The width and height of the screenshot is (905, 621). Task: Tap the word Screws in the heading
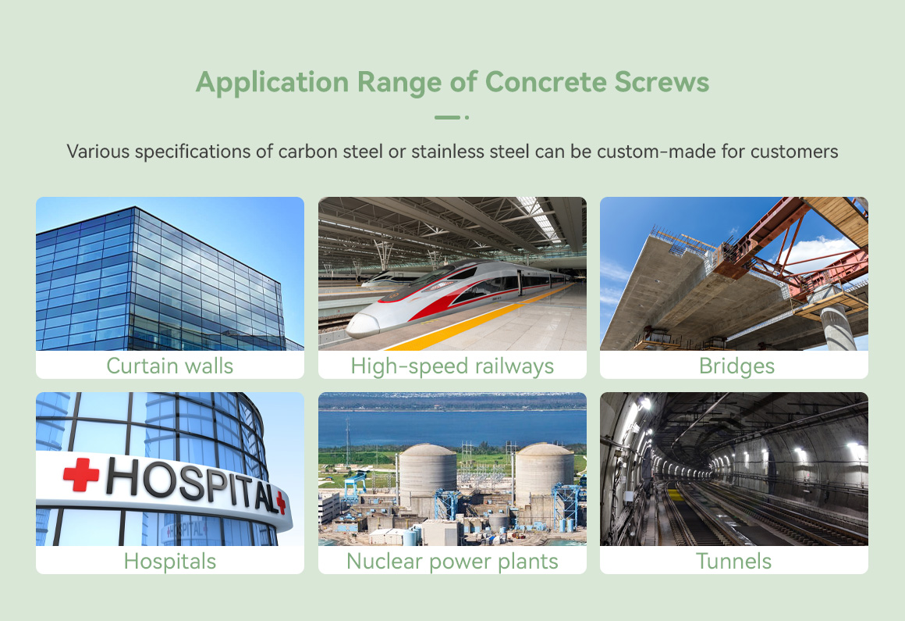point(662,82)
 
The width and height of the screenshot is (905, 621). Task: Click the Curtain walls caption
point(170,366)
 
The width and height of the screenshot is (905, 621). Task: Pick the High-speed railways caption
point(452,366)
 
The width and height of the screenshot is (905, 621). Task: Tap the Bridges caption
point(736,366)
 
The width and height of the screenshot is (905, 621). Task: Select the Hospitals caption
point(170,561)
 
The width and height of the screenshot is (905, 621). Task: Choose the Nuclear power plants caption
point(452,561)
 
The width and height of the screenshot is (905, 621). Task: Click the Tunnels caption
point(733,561)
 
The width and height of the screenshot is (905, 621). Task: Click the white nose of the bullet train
point(363,326)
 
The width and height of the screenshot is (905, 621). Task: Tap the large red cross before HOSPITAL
point(81,474)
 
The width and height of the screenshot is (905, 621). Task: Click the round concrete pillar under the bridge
point(837,327)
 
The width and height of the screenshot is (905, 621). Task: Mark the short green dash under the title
point(447,117)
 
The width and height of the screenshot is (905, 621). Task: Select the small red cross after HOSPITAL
point(281,502)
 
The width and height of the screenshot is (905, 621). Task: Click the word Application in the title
point(272,82)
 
